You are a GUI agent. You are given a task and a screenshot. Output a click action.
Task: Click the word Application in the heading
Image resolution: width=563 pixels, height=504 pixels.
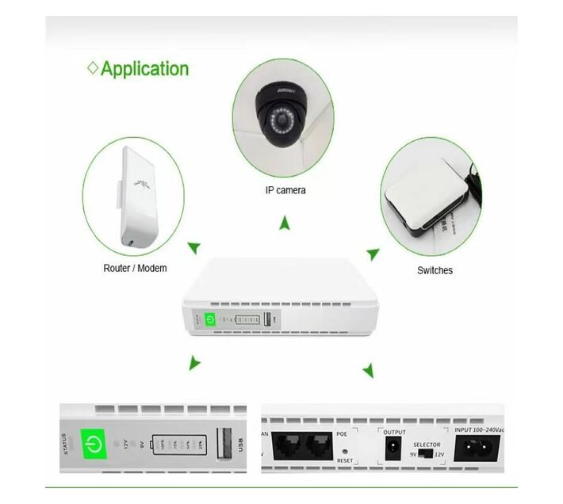[x=144, y=68]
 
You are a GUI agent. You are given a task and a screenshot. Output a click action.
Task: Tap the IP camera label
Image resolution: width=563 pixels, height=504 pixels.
[x=285, y=190]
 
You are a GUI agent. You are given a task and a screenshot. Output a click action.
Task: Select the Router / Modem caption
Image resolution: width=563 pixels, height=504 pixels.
[x=135, y=268]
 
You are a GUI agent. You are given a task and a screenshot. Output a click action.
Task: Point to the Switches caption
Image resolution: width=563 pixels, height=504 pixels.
[x=435, y=270]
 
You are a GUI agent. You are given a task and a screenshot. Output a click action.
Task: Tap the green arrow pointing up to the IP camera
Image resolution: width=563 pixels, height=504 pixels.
[x=285, y=224]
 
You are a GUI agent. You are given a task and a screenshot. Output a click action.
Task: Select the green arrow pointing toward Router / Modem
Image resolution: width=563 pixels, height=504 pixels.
[x=193, y=248]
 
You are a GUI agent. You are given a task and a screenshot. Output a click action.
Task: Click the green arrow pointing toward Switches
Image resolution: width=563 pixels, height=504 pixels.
[x=373, y=254]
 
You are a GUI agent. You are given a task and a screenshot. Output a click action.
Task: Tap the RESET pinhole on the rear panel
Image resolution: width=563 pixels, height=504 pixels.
[x=344, y=451]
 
